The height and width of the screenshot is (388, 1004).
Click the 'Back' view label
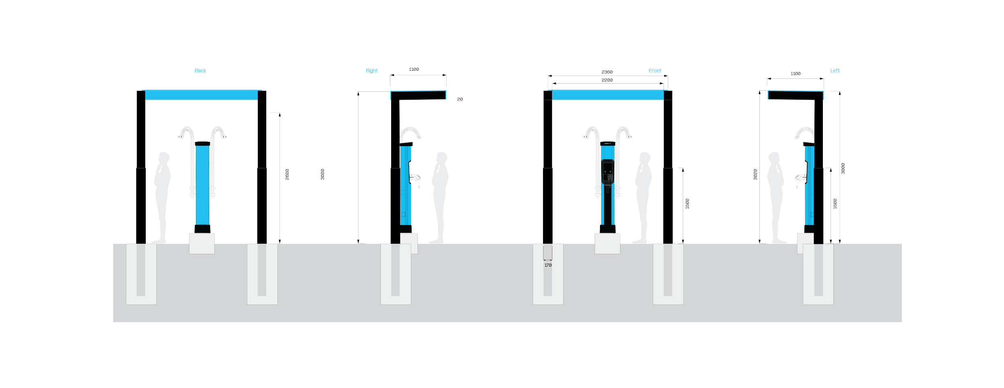(200, 71)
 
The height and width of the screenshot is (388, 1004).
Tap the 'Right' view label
(371, 71)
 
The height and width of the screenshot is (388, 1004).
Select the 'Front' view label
(655, 71)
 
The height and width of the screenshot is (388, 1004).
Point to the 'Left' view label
(835, 71)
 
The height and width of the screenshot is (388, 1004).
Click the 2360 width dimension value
(607, 72)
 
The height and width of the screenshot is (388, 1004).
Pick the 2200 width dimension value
(607, 80)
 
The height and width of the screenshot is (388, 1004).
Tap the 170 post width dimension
(548, 265)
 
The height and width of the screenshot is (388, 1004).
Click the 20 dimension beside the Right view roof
(460, 100)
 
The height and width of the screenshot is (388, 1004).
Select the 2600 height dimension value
(287, 174)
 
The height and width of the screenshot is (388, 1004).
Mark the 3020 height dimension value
(755, 174)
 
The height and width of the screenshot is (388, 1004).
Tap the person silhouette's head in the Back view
(163, 158)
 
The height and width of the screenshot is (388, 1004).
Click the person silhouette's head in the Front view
(645, 158)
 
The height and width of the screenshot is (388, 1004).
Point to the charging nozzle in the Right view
(416, 178)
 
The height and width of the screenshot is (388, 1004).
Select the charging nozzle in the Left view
(800, 178)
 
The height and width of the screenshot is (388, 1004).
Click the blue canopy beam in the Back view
(201, 95)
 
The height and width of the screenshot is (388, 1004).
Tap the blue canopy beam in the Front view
(607, 95)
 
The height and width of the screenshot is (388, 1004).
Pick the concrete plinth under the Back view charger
(202, 243)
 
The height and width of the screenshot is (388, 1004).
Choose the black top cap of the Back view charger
(202, 144)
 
